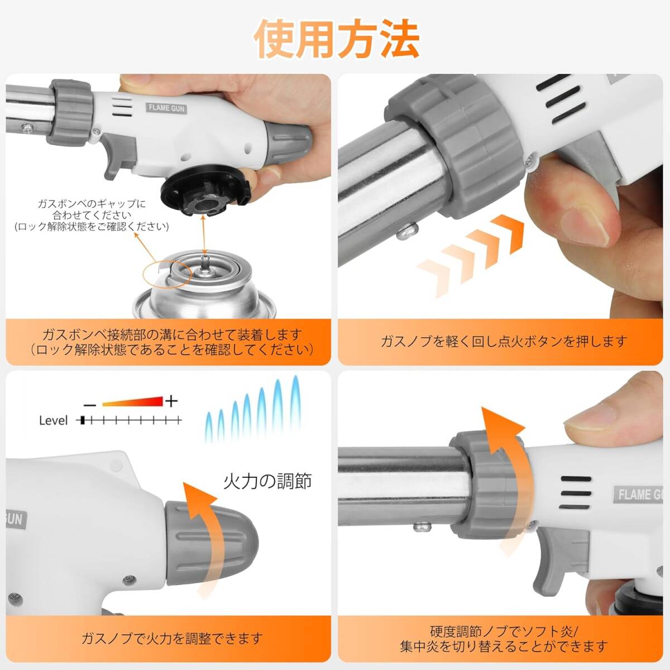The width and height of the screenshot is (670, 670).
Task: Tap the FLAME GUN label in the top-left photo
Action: click(x=166, y=108)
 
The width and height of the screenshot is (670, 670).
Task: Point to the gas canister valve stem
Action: click(x=205, y=263)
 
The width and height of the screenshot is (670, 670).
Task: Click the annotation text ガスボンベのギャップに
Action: click(x=92, y=203)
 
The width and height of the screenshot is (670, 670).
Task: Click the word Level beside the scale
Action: click(x=53, y=420)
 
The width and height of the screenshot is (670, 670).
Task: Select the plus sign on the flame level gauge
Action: click(x=171, y=401)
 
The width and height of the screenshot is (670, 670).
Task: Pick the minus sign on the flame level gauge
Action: click(x=90, y=405)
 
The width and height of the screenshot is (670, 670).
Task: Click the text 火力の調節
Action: click(x=267, y=481)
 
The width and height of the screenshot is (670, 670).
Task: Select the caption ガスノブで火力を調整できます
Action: click(x=172, y=638)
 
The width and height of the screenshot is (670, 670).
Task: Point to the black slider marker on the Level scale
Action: click(x=83, y=420)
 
